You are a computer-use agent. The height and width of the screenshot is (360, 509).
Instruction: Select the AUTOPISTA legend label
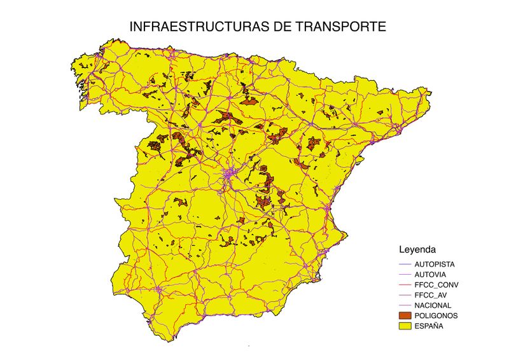pos(435,263)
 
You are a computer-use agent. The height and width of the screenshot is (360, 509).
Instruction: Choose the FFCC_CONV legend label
pos(436,284)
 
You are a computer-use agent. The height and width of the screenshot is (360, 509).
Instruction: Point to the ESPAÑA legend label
pos(429,326)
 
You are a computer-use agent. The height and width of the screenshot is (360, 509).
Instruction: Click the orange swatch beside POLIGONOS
pos(404,315)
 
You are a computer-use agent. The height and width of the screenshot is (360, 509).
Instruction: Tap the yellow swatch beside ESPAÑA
pos(404,326)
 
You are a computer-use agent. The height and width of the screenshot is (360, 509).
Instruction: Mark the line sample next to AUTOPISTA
pos(404,263)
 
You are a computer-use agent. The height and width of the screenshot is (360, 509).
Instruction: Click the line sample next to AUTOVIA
pos(404,274)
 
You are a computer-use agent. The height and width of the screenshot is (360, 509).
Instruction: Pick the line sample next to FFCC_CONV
pos(404,284)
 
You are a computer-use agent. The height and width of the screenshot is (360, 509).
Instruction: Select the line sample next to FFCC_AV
pos(404,295)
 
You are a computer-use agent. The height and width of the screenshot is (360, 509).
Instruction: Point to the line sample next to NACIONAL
pos(404,305)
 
